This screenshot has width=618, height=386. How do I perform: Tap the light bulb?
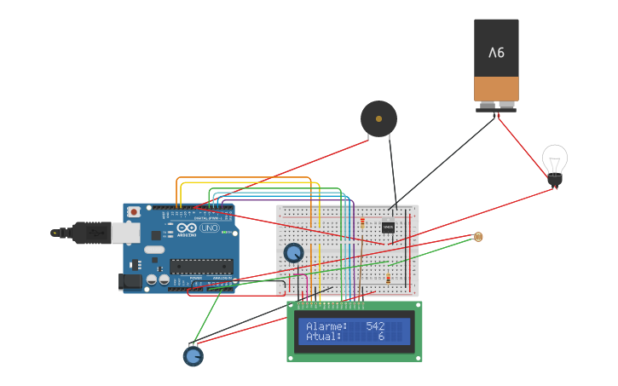[x=555, y=162]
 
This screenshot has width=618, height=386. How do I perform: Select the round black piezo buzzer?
[x=378, y=119]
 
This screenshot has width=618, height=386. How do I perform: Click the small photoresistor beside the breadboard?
[x=477, y=236]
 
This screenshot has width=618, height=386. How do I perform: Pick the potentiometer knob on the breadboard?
[x=293, y=252]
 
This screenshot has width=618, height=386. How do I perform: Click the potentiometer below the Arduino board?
[x=193, y=355]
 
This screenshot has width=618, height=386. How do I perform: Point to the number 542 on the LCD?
[x=375, y=326]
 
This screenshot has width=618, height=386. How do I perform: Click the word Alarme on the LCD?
[x=326, y=326]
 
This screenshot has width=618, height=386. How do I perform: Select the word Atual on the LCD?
[x=323, y=337]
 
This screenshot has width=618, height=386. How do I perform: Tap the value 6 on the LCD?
[x=381, y=337]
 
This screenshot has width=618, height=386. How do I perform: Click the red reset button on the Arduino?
[x=133, y=212]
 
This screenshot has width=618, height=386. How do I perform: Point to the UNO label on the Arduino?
[x=210, y=228]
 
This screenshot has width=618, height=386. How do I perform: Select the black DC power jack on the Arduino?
[x=129, y=279]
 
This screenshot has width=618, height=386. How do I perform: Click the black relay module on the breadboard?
[x=388, y=228]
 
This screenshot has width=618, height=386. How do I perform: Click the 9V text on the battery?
[x=496, y=53]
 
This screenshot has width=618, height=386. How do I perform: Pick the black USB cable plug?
[x=90, y=232]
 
